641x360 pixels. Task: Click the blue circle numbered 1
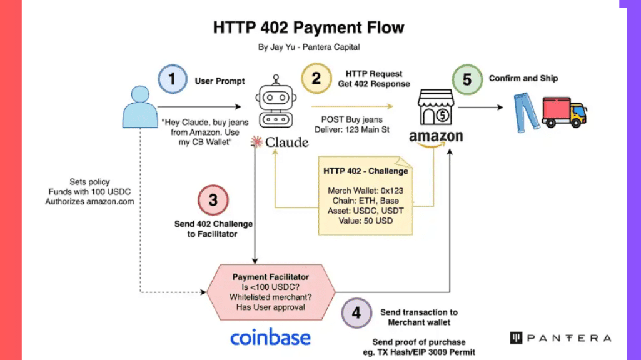pyautogui.click(x=173, y=79)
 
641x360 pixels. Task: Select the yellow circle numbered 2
pyautogui.click(x=316, y=78)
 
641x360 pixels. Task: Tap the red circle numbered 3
pyautogui.click(x=213, y=200)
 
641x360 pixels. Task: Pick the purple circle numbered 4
pyautogui.click(x=356, y=313)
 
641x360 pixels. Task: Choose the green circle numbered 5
pyautogui.click(x=467, y=79)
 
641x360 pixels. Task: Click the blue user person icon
pyautogui.click(x=140, y=107)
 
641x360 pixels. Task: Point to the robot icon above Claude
pyautogui.click(x=276, y=101)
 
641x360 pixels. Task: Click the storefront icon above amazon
pyautogui.click(x=436, y=107)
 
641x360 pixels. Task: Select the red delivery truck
pyautogui.click(x=565, y=112)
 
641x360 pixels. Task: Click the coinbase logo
pyautogui.click(x=270, y=337)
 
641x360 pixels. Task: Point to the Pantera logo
pyautogui.click(x=560, y=338)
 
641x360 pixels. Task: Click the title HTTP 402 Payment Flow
pyautogui.click(x=309, y=27)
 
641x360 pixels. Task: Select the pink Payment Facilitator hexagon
pyautogui.click(x=271, y=292)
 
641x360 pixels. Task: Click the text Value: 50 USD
pyautogui.click(x=365, y=221)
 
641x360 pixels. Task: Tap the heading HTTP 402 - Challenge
pyautogui.click(x=365, y=171)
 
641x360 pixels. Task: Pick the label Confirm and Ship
pyautogui.click(x=523, y=78)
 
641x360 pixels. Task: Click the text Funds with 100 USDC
pyautogui.click(x=89, y=192)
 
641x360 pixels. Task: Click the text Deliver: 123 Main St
pyautogui.click(x=351, y=129)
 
